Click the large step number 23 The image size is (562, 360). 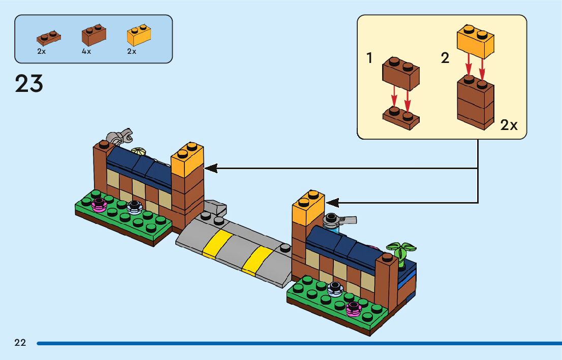click(29, 84)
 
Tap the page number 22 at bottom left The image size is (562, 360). click(20, 343)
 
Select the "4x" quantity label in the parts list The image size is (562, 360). click(86, 52)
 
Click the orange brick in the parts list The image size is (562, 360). click(138, 35)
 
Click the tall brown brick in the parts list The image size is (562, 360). click(94, 35)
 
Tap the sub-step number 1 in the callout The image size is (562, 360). click(369, 58)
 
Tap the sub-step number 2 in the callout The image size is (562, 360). click(445, 58)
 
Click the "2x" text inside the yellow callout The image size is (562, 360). click(509, 125)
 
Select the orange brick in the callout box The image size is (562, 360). click(476, 41)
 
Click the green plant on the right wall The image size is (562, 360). click(401, 250)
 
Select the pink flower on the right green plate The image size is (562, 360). click(353, 308)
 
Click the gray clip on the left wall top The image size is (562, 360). click(119, 136)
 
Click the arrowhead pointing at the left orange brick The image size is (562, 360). click(210, 168)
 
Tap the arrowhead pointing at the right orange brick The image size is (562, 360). click(332, 202)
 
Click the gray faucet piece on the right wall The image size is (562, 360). click(340, 220)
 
